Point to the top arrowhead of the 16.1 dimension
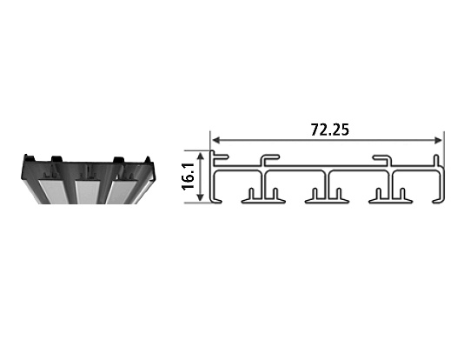tap(202, 157)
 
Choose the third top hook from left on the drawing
tap(381, 158)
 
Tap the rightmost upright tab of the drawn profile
tap(434, 159)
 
